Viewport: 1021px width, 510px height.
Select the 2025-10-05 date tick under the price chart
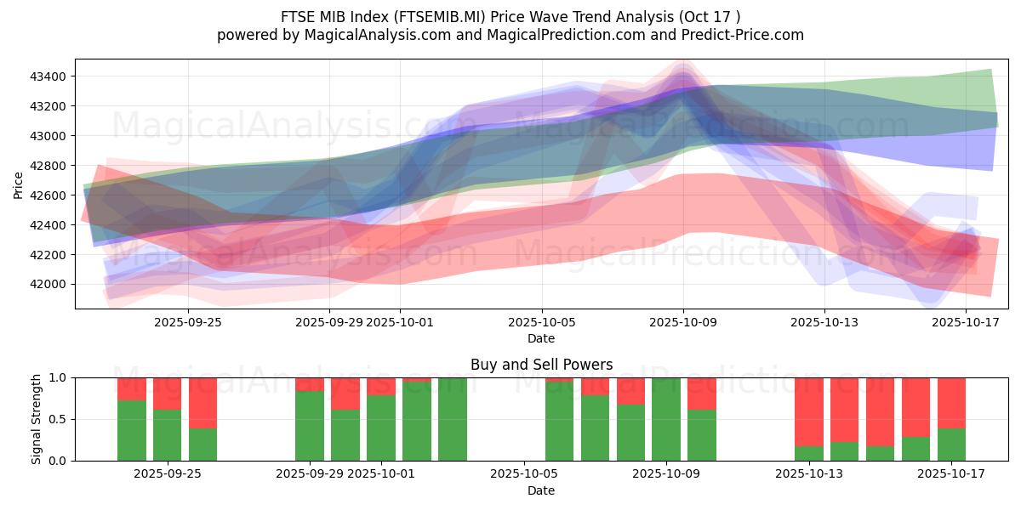[x=541, y=322]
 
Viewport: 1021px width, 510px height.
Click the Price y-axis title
[x=19, y=184]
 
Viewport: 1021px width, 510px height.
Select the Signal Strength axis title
[x=36, y=419]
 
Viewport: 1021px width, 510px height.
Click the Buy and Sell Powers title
[x=541, y=365]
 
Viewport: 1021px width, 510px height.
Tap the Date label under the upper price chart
[x=541, y=338]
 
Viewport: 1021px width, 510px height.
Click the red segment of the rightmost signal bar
[x=951, y=402]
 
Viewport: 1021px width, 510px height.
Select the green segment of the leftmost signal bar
[x=132, y=431]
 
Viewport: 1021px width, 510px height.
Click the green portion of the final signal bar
[x=951, y=445]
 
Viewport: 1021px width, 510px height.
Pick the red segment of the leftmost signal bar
[x=132, y=388]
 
